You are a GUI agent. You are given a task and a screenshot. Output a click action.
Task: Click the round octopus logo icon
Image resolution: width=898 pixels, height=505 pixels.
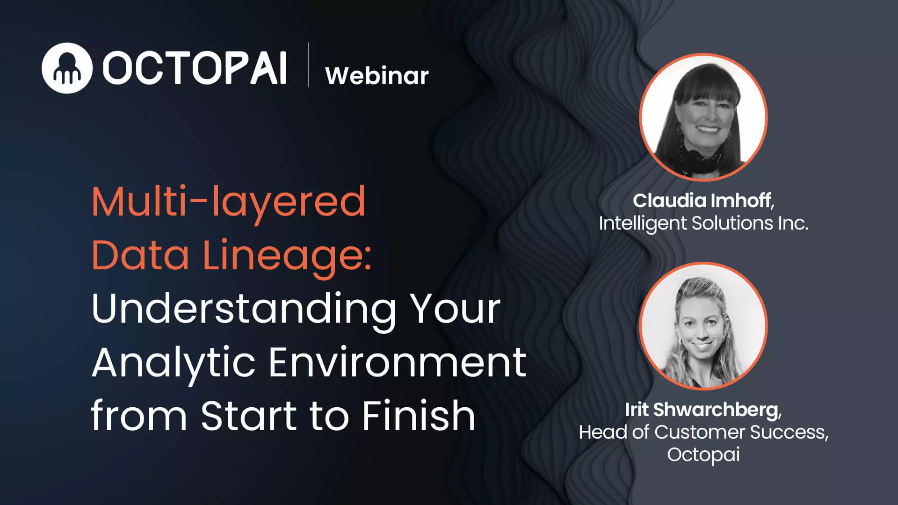coord(67,68)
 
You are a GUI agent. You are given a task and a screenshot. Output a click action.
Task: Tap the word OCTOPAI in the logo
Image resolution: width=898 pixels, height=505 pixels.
coord(195,68)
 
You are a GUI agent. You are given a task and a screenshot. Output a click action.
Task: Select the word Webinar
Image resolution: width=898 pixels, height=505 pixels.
coord(377,76)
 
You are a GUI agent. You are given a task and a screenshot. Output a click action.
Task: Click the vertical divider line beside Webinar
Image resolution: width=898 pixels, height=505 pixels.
coord(309,65)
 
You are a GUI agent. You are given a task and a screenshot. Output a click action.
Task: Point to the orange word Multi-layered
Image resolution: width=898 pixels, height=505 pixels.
coord(228,202)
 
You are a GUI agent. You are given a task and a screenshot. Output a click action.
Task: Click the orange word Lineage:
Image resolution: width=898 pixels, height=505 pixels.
coord(287,255)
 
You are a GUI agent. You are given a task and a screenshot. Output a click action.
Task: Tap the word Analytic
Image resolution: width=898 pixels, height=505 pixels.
coord(174,363)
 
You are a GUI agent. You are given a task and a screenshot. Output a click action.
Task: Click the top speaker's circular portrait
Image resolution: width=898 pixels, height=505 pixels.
coord(703,117)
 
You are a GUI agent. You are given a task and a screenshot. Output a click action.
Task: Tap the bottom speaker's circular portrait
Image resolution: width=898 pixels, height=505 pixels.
coord(703,326)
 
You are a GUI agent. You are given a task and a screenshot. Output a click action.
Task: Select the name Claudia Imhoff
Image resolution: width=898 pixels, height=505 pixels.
coord(702,201)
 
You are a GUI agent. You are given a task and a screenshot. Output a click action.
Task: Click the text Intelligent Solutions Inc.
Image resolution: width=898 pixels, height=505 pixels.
coord(703,224)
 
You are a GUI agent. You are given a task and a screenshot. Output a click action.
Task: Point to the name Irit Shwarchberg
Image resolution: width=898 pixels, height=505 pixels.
coord(702,410)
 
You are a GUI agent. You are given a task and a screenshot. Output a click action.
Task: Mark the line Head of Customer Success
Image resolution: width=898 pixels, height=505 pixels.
coord(703,433)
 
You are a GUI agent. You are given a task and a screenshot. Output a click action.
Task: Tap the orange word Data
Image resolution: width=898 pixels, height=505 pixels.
coord(140,255)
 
